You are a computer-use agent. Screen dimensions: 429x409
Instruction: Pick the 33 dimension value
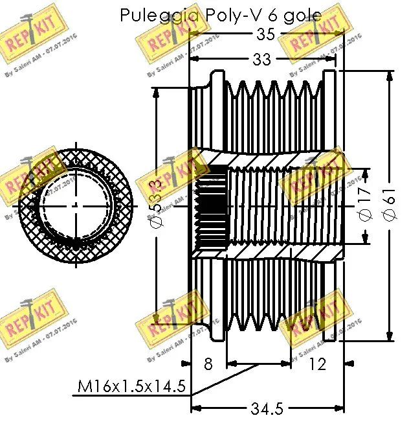(x=262, y=60)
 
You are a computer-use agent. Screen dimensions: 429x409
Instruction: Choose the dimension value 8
(x=208, y=364)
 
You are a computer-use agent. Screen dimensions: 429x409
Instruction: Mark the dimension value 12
(x=317, y=364)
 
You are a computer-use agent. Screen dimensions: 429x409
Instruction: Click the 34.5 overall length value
(x=267, y=409)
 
